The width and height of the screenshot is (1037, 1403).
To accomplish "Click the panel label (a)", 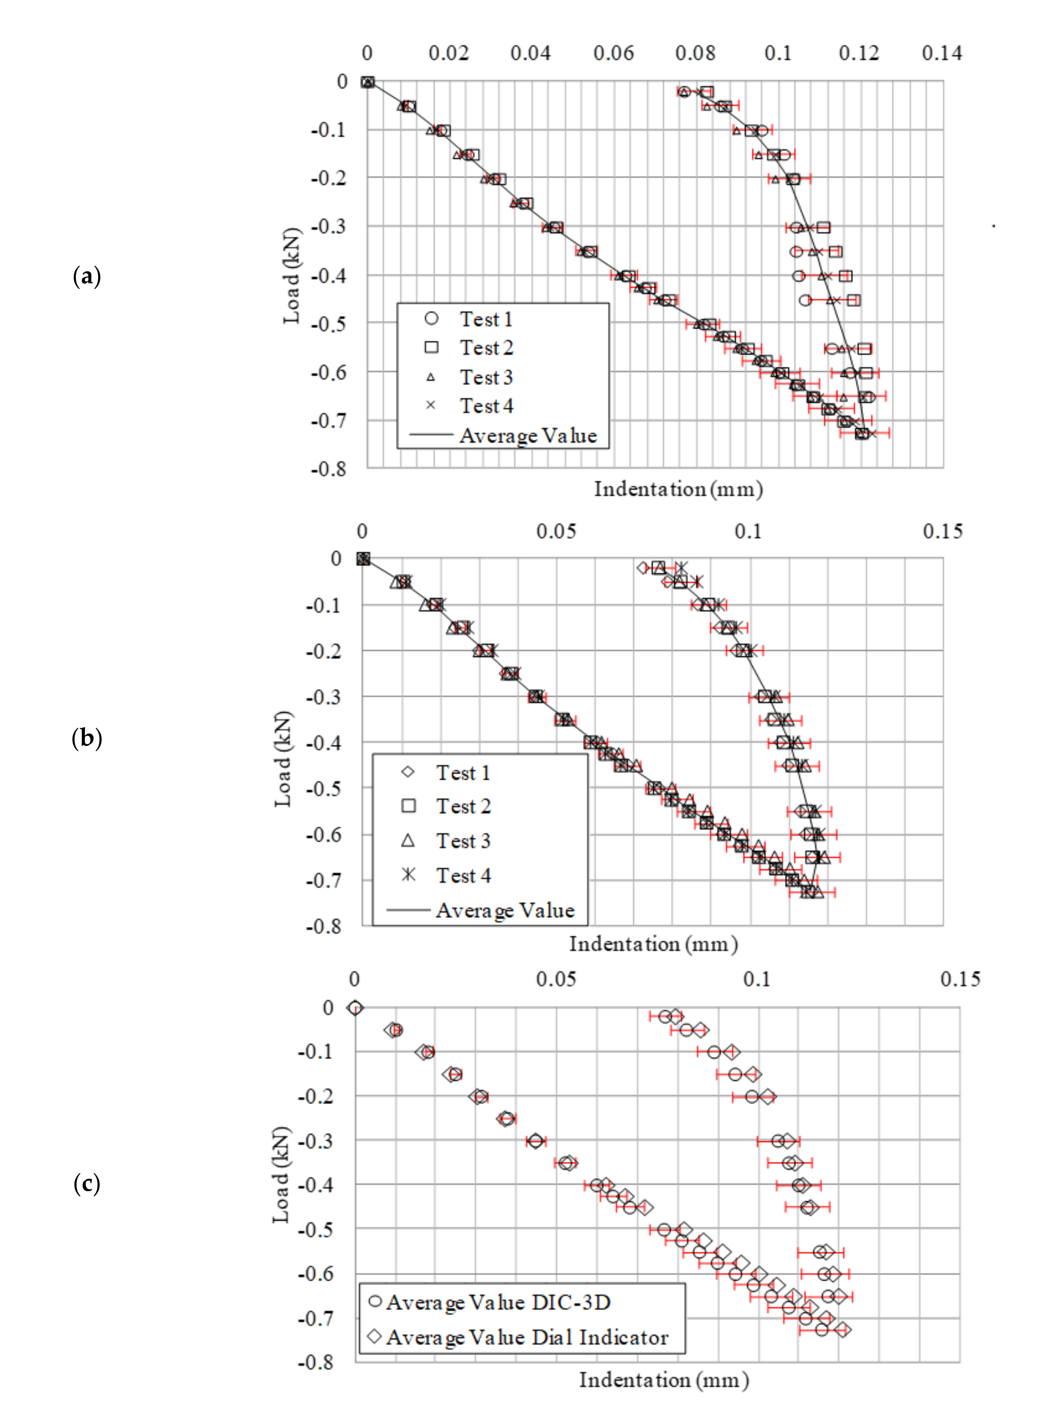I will pyautogui.click(x=86, y=276).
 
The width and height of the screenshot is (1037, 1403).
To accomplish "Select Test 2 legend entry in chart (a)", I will pyautogui.click(x=486, y=348).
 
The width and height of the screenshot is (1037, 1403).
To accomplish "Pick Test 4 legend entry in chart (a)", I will pyautogui.click(x=486, y=406).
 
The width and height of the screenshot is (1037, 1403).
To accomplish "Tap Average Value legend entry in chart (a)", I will pyautogui.click(x=527, y=436).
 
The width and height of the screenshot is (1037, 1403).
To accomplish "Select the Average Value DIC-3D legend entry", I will pyautogui.click(x=498, y=1303).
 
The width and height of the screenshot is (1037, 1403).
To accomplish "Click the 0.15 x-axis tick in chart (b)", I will pyautogui.click(x=942, y=532).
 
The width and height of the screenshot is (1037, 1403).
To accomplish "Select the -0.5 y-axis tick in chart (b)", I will pyautogui.click(x=323, y=788).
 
